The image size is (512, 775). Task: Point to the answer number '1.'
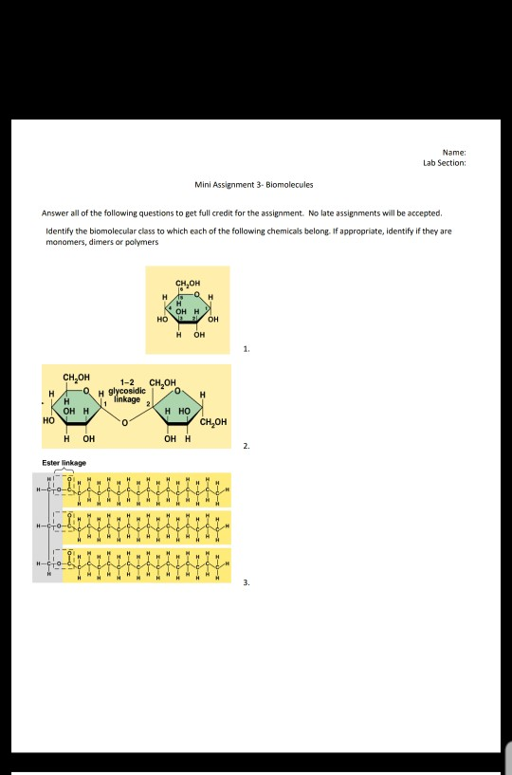click(x=247, y=349)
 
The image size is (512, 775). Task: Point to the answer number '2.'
click(x=247, y=443)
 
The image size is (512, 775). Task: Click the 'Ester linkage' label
click(x=64, y=462)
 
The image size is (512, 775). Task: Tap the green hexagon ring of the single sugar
click(x=189, y=308)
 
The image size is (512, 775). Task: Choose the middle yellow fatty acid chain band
click(x=147, y=525)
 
